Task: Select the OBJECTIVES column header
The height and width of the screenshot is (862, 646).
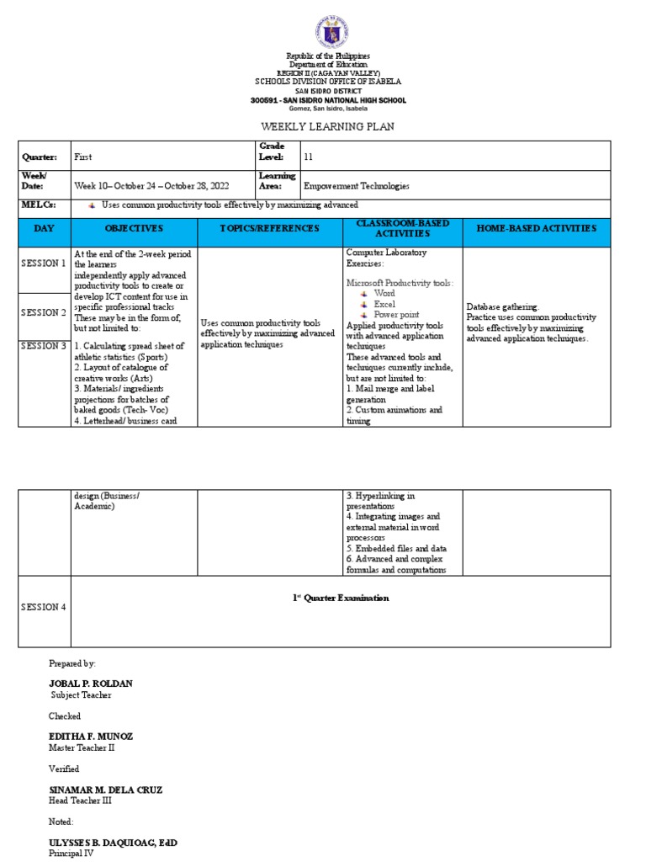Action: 134,229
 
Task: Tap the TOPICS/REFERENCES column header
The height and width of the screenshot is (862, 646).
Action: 269,229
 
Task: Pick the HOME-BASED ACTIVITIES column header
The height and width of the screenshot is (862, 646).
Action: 536,229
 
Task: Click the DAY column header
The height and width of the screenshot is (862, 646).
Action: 44,229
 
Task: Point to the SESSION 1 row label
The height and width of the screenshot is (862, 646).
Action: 44,263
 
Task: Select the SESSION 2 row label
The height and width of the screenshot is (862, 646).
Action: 44,312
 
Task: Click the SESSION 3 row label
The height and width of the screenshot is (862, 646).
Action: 44,346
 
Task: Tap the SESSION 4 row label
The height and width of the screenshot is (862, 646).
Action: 44,607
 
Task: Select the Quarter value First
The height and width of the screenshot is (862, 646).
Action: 83,157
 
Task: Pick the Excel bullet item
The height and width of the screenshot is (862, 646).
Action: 384,304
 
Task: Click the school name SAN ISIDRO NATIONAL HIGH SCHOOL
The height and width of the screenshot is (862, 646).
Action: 328,100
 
